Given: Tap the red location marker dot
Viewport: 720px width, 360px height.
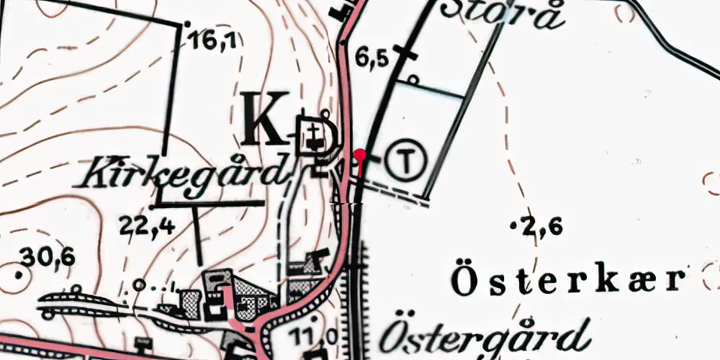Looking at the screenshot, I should [x=361, y=153].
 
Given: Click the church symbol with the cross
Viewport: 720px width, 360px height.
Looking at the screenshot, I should [x=315, y=134].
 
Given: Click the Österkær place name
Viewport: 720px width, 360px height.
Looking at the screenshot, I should [x=567, y=281].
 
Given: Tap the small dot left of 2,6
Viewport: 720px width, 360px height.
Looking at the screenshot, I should [x=513, y=227].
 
